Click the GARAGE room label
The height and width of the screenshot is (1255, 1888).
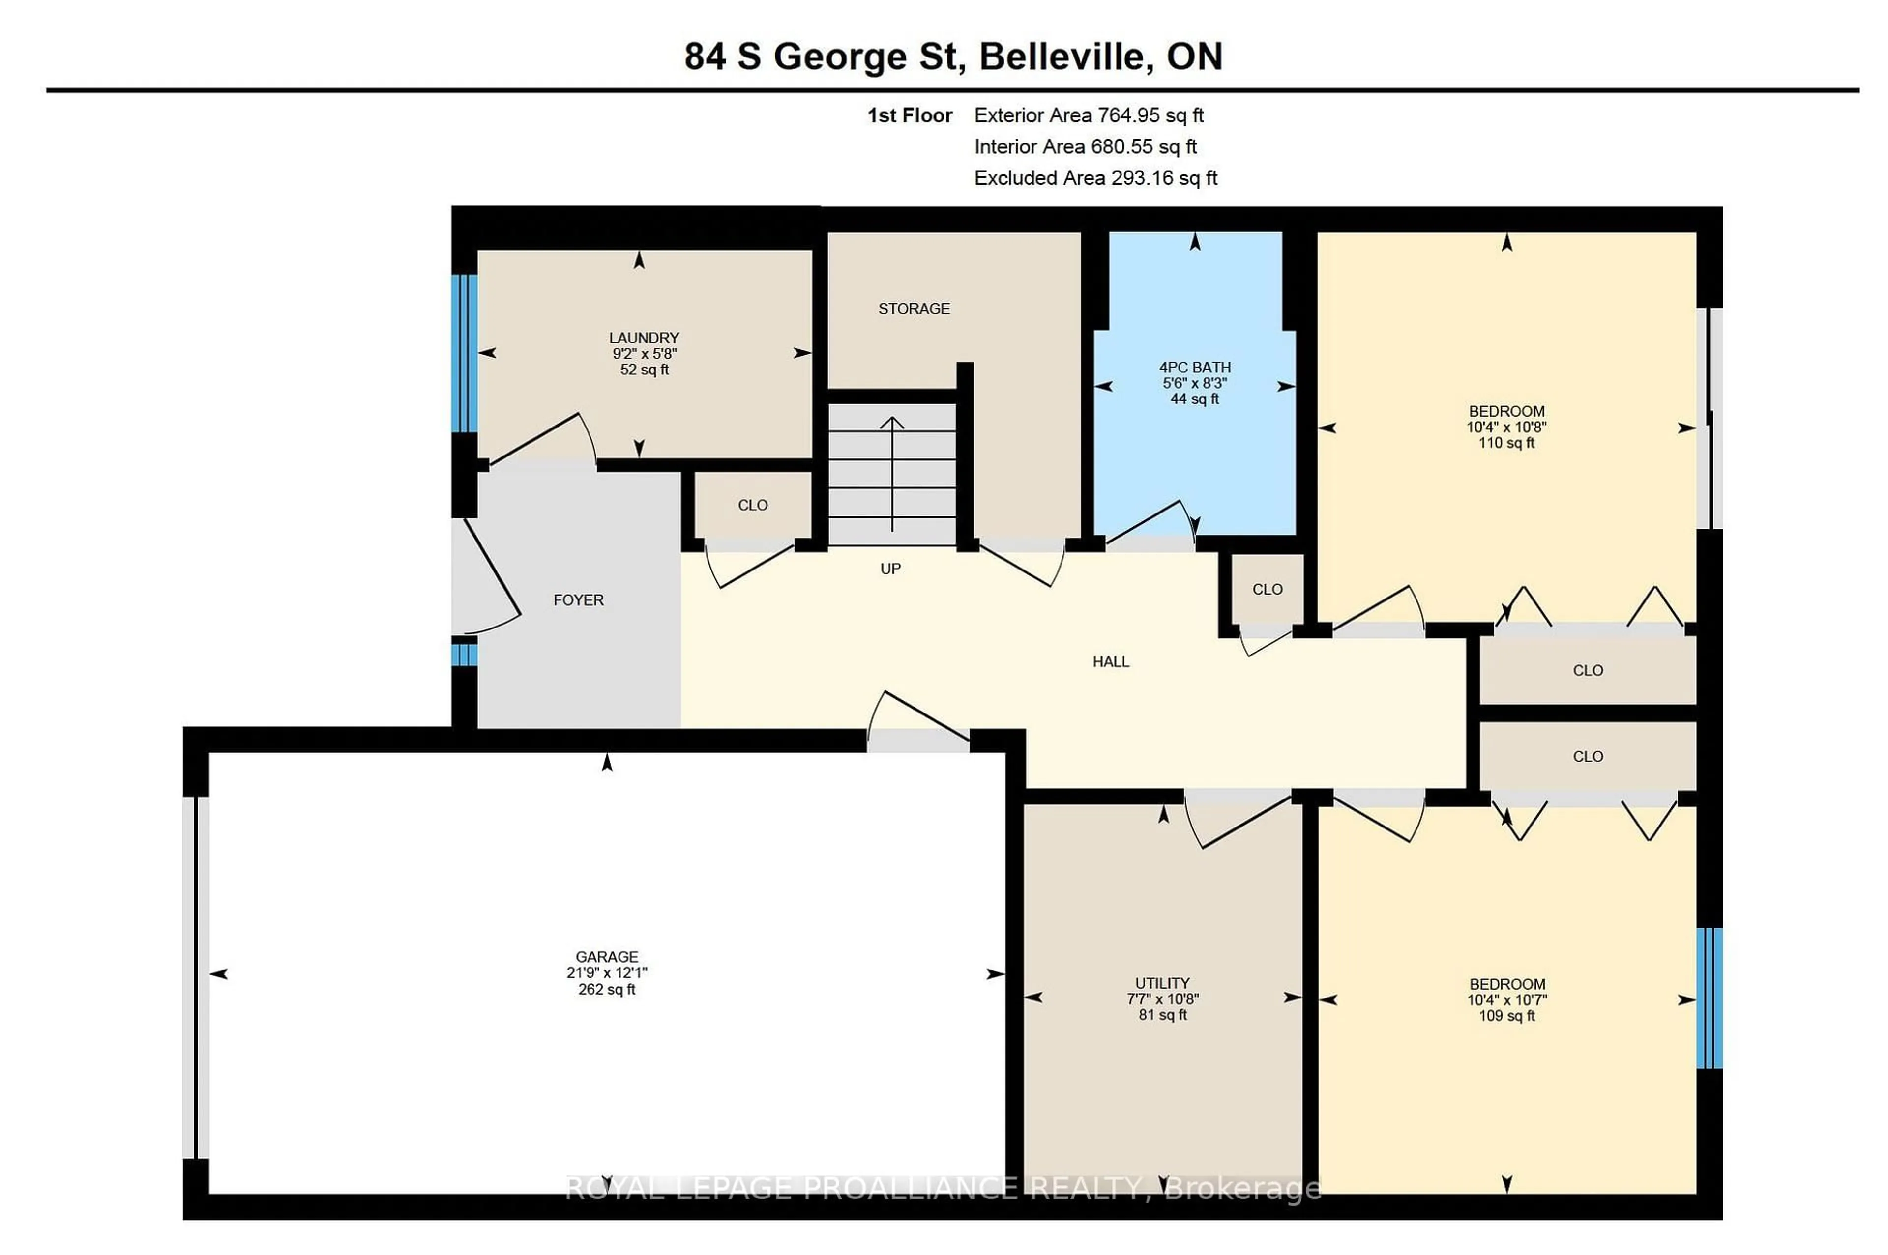click(x=606, y=956)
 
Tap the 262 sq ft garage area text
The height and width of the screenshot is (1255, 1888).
click(x=606, y=989)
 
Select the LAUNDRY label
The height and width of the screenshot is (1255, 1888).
click(x=643, y=338)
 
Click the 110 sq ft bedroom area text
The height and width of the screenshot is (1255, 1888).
click(x=1505, y=443)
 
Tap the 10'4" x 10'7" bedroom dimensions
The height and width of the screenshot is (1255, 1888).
click(x=1505, y=999)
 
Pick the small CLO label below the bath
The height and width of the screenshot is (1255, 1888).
click(x=1266, y=589)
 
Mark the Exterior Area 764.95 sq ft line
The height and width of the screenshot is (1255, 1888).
click(x=1088, y=115)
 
